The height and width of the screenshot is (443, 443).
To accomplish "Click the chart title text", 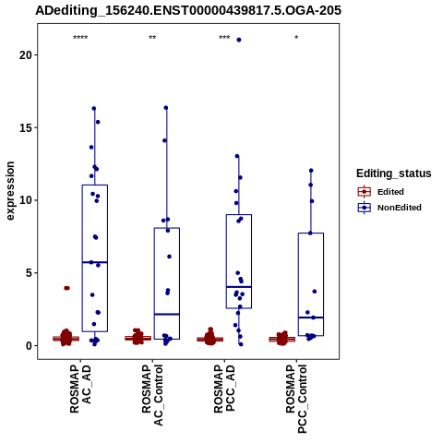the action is click(x=188, y=10).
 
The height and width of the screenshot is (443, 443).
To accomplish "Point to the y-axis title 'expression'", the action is click(x=10, y=191).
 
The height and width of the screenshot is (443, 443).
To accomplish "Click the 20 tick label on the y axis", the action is click(x=26, y=55).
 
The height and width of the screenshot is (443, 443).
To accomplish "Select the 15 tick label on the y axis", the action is click(x=26, y=127).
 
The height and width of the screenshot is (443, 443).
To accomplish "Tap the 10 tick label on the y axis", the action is click(x=26, y=200).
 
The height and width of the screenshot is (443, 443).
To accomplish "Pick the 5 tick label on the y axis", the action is click(x=30, y=273).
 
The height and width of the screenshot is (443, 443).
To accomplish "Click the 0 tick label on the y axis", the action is click(x=30, y=345).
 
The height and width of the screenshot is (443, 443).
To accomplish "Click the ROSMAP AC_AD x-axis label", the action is click(x=80, y=389).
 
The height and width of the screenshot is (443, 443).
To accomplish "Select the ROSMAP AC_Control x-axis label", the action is click(x=152, y=395).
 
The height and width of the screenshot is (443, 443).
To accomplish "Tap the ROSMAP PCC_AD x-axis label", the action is click(x=224, y=389).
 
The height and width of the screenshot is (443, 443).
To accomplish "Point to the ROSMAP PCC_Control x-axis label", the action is click(x=296, y=399).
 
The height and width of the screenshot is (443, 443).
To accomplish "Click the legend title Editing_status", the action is click(x=394, y=174).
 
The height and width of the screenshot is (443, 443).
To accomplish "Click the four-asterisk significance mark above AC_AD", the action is click(x=80, y=38).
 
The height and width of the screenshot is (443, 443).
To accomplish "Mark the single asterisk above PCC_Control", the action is click(x=296, y=38).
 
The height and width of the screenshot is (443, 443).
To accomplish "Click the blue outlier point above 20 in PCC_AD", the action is click(x=239, y=40).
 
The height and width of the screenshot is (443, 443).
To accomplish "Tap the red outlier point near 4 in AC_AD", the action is click(x=66, y=288).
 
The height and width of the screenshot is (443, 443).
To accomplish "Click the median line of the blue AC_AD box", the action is click(x=95, y=262).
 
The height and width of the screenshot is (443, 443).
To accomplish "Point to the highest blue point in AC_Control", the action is click(x=166, y=108).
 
